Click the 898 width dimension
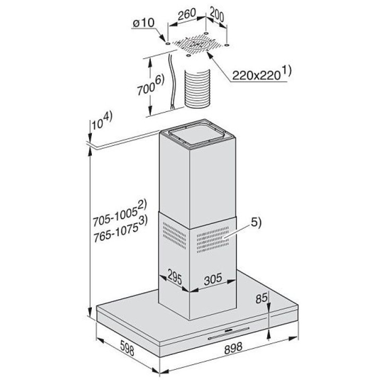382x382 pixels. point(233,348)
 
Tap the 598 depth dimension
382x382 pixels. point(127,348)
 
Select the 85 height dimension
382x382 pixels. point(262,298)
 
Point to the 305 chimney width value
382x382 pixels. point(213,279)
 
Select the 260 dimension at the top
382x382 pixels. point(187,15)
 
